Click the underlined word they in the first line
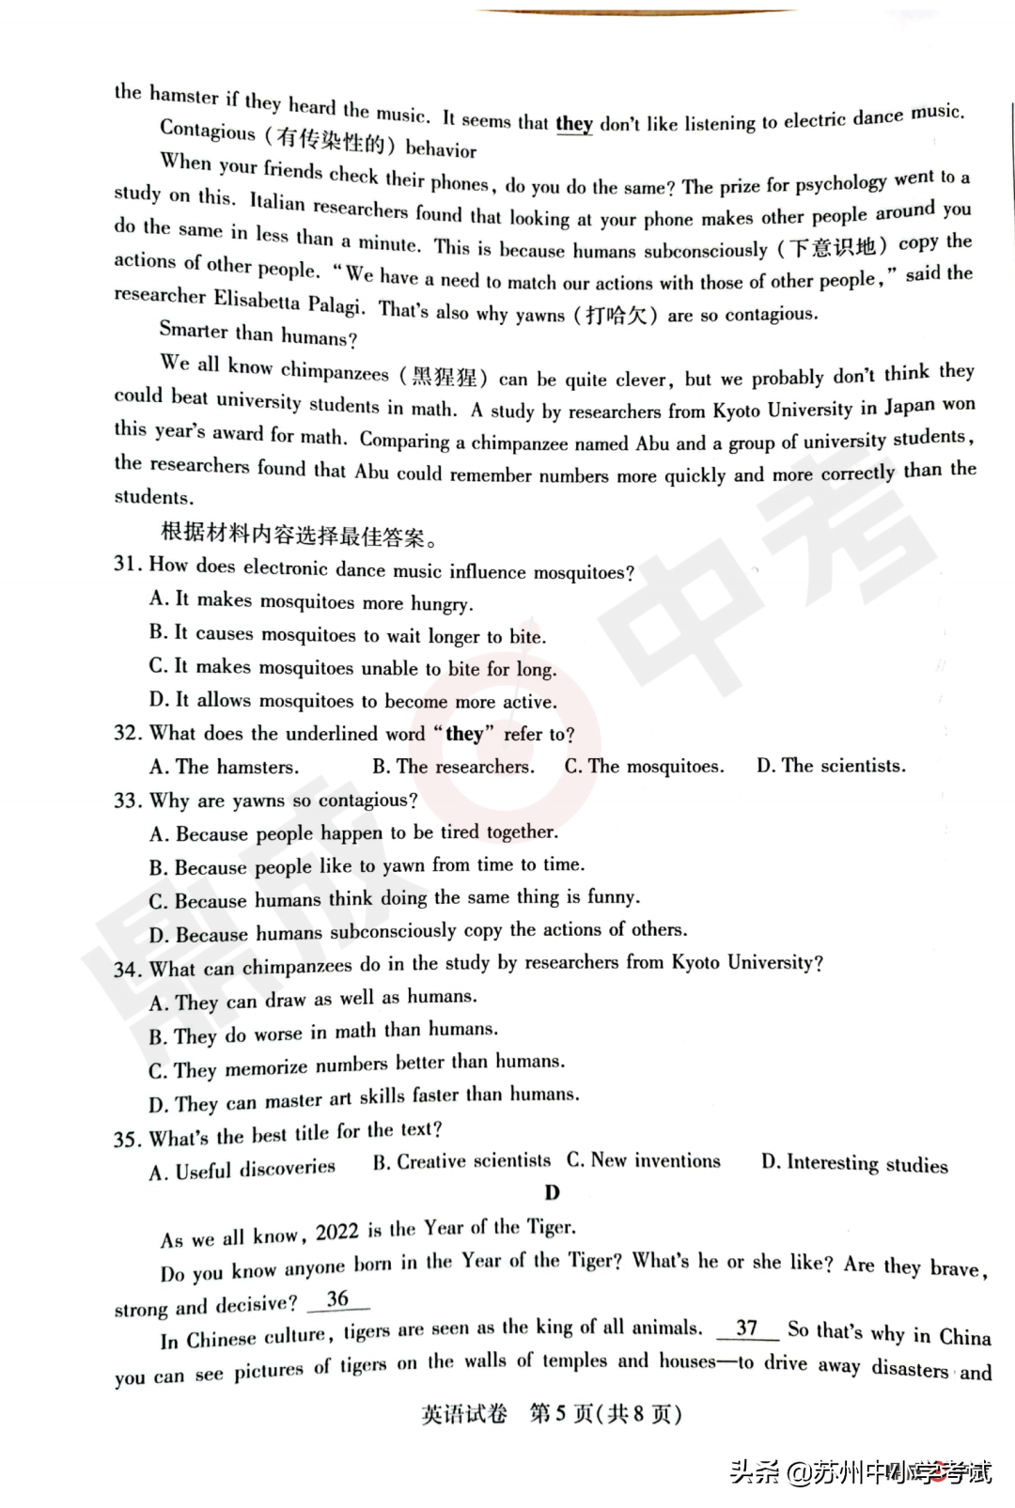click(x=573, y=124)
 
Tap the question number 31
click(x=127, y=565)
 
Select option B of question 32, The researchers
click(x=453, y=767)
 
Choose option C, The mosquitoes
click(x=644, y=767)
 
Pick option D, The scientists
click(x=831, y=766)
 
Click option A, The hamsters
click(x=224, y=768)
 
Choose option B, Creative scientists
click(x=461, y=1161)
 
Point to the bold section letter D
click(x=552, y=1192)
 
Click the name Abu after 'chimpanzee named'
click(x=652, y=443)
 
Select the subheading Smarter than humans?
click(x=258, y=334)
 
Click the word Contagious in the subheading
click(x=208, y=131)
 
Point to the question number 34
click(x=127, y=970)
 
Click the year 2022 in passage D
click(x=336, y=1232)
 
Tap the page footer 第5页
click(x=560, y=1414)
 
